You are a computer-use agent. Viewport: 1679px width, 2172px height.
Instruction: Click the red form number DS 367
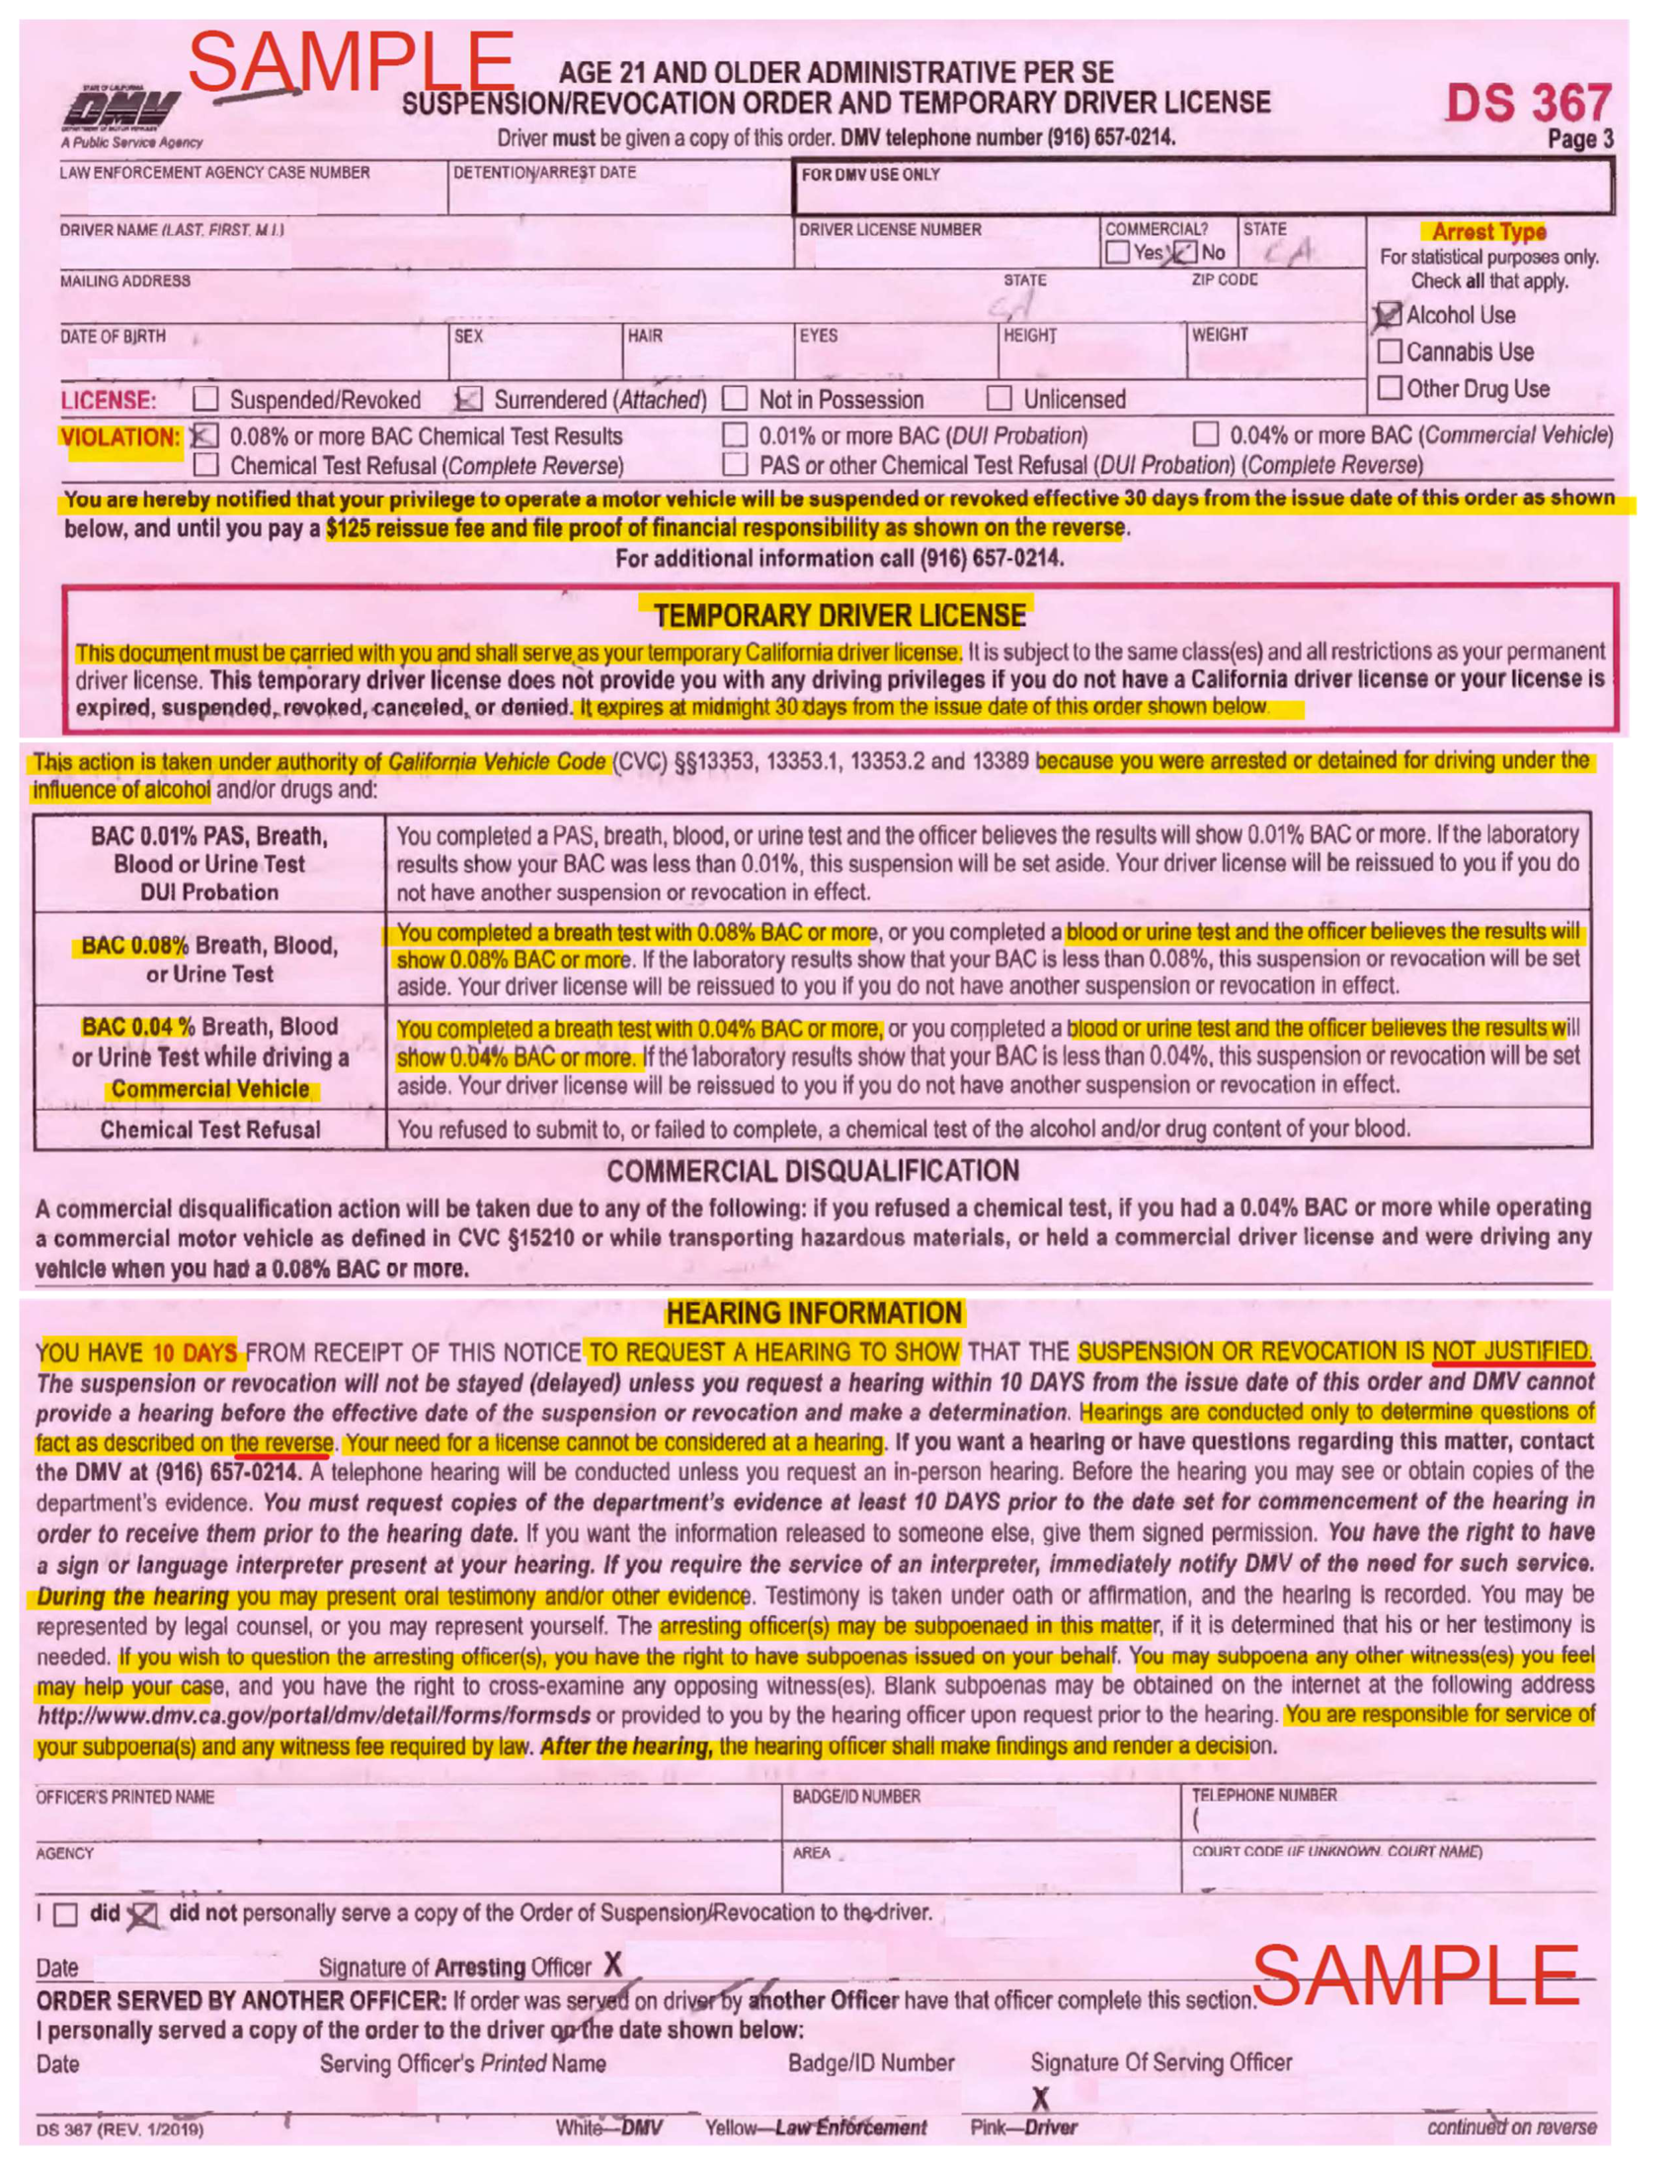pyautogui.click(x=1527, y=104)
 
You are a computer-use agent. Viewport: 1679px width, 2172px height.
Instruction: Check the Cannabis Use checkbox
pyautogui.click(x=1390, y=351)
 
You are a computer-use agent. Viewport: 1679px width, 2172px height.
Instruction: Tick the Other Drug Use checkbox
pyautogui.click(x=1390, y=387)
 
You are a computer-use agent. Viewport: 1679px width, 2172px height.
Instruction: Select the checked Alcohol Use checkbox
pyautogui.click(x=1389, y=315)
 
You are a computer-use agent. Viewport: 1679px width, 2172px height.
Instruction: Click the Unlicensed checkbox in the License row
pyautogui.click(x=999, y=399)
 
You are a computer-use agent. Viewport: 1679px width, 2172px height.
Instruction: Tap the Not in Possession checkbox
pyautogui.click(x=734, y=399)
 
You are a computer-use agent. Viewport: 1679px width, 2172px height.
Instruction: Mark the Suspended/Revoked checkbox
pyautogui.click(x=205, y=399)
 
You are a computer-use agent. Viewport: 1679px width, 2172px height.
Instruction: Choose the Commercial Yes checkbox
pyautogui.click(x=1117, y=253)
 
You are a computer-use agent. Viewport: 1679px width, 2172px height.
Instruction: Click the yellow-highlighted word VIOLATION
pyautogui.click(x=120, y=437)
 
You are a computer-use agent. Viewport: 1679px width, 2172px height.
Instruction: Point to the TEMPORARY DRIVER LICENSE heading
pyautogui.click(x=839, y=616)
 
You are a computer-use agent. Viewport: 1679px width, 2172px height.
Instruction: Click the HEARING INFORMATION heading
pyautogui.click(x=814, y=1313)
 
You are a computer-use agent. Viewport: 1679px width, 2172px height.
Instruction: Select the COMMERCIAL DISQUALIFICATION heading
pyautogui.click(x=813, y=1171)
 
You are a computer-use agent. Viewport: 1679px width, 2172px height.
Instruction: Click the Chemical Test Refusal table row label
pyautogui.click(x=209, y=1129)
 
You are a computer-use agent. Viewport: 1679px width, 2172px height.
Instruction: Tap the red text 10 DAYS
pyautogui.click(x=194, y=1353)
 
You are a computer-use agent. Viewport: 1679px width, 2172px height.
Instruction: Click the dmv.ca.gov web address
pyautogui.click(x=313, y=1717)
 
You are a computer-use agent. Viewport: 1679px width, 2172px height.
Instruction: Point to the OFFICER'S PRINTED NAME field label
pyautogui.click(x=124, y=1796)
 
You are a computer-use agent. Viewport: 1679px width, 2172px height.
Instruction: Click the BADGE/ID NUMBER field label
pyautogui.click(x=855, y=1796)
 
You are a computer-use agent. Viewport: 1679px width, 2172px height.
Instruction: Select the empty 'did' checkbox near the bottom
pyautogui.click(x=65, y=1914)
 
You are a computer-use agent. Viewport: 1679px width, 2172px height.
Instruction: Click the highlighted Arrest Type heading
pyautogui.click(x=1488, y=232)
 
